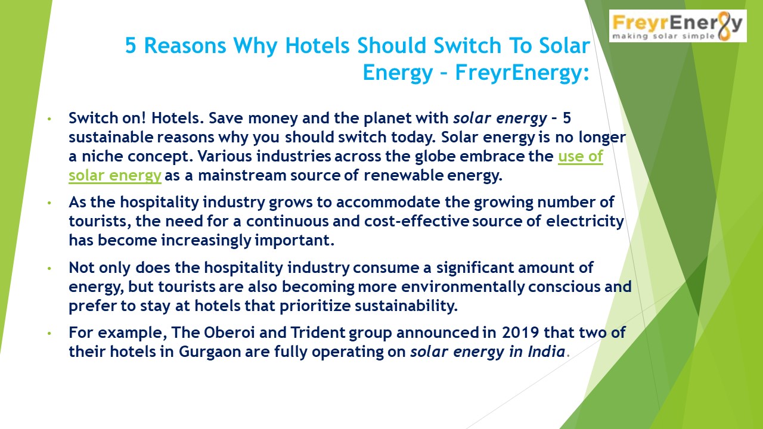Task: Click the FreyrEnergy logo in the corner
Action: tap(677, 26)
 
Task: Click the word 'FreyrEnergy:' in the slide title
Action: tap(522, 73)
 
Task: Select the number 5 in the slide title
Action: tap(131, 45)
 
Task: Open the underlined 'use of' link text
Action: tap(580, 157)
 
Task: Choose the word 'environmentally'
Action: tap(468, 287)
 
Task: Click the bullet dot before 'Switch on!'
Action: tap(51, 119)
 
